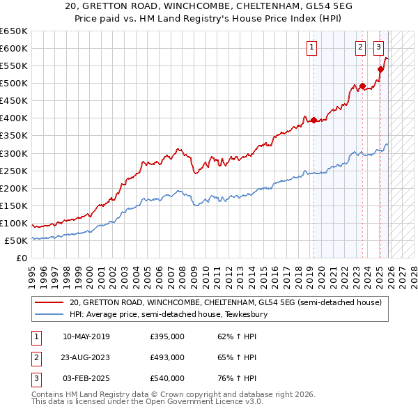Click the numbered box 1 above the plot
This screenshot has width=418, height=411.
[310, 47]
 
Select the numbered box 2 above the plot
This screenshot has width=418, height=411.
[360, 47]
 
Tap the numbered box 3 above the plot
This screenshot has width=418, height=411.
[378, 47]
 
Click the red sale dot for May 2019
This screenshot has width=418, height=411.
[313, 120]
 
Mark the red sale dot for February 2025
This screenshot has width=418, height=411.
[380, 69]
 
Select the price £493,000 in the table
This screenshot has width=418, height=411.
[167, 357]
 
